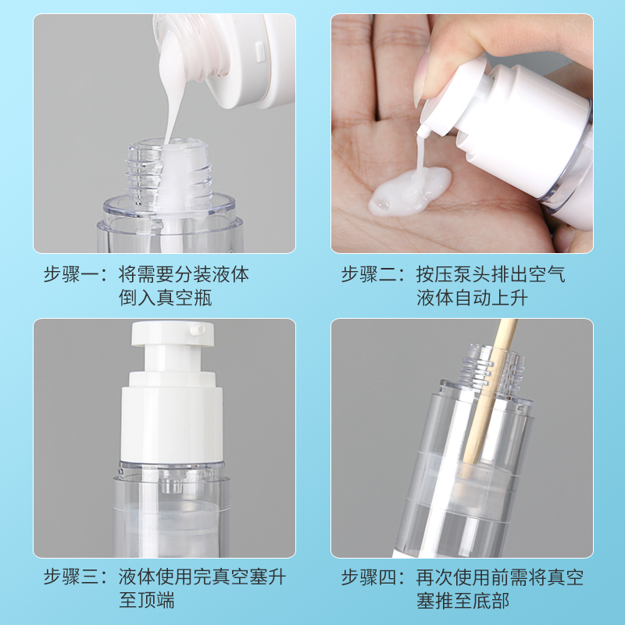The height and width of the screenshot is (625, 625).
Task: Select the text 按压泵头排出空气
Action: point(491,275)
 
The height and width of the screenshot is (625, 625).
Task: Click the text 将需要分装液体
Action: point(184,275)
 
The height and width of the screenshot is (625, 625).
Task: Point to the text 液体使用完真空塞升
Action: point(202,578)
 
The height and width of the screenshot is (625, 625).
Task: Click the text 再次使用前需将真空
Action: point(500,578)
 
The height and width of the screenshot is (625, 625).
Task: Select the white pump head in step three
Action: point(169,344)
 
